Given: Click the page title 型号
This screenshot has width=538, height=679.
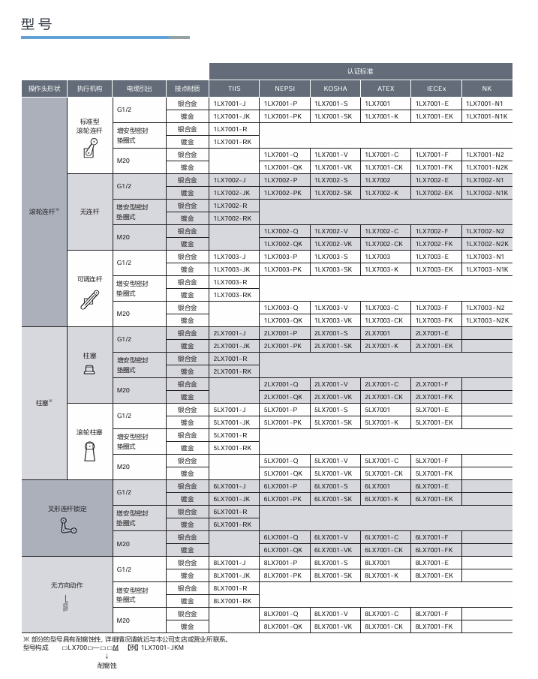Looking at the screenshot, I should click(x=37, y=24).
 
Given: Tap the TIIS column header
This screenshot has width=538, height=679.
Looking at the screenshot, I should click(x=234, y=89).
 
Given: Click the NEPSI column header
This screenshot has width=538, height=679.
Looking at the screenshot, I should click(x=284, y=89).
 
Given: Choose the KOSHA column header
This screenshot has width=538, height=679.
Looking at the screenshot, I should click(x=335, y=89).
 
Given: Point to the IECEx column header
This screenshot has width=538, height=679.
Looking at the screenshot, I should click(x=436, y=89).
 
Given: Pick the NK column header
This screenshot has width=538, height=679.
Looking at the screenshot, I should click(x=487, y=89).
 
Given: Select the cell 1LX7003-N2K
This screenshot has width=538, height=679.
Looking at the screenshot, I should click(x=487, y=320).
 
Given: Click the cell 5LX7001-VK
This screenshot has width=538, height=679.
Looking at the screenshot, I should click(x=333, y=473).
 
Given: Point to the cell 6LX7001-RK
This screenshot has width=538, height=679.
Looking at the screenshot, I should click(x=232, y=524).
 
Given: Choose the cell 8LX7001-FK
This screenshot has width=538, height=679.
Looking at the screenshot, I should click(x=434, y=626).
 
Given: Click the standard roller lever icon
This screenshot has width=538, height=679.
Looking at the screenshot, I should click(x=89, y=149).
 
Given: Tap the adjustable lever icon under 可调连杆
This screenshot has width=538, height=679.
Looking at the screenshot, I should click(x=89, y=299).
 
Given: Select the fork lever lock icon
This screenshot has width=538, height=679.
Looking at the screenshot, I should click(x=68, y=527).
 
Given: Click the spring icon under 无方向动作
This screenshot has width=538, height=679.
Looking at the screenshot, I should click(x=67, y=602).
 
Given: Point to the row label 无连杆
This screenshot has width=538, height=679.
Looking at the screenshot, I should click(x=89, y=212).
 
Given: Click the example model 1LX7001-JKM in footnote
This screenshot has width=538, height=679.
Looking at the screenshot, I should click(x=162, y=648).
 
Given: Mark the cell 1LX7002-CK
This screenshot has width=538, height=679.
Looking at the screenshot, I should click(x=384, y=244).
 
